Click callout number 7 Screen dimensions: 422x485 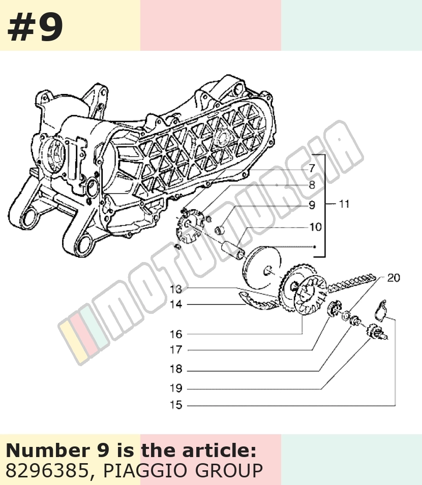312,169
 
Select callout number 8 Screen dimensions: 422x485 312,185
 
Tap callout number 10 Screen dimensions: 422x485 316,227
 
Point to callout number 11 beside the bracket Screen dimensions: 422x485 344,204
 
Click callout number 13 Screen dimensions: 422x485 176,289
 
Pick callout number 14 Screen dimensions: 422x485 176,304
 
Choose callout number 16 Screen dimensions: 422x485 176,334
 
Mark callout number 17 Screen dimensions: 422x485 176,350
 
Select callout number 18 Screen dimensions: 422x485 176,369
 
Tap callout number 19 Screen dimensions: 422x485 176,388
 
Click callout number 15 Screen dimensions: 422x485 176,405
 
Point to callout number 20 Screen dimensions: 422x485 394,278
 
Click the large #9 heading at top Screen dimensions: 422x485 35,28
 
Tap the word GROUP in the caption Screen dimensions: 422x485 229,471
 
